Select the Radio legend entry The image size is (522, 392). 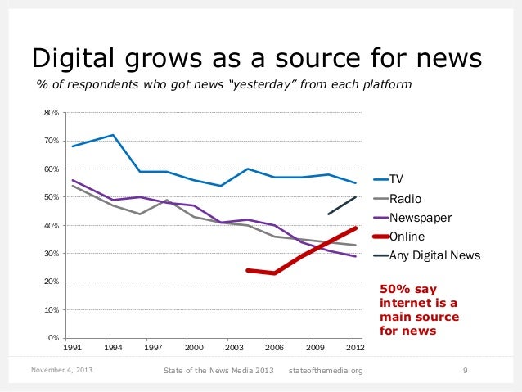[x=404, y=198]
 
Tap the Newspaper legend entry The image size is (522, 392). [x=420, y=218]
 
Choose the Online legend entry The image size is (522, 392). [x=407, y=237]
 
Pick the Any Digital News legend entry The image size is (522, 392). [x=434, y=255]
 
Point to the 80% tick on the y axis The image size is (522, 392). [x=52, y=113]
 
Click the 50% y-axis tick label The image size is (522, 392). [x=52, y=197]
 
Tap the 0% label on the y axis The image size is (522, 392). [x=53, y=338]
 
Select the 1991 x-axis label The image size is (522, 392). [x=72, y=348]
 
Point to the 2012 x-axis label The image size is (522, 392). [x=353, y=348]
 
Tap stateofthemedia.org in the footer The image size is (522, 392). [x=326, y=372]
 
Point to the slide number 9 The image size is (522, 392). [x=465, y=372]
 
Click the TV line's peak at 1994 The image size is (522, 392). [x=112, y=135]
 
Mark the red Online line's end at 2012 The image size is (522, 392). [x=353, y=228]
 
